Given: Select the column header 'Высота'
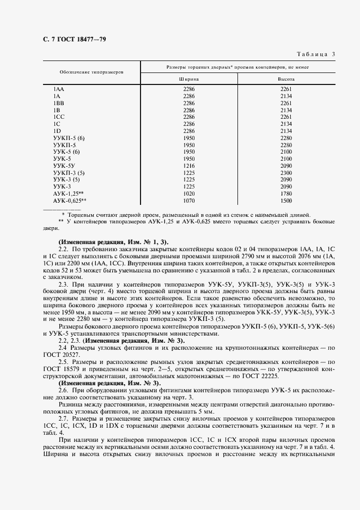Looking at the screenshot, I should coord(286,78).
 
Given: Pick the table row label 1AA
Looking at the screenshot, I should coord(58,88).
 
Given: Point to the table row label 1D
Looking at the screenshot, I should coord(57,131).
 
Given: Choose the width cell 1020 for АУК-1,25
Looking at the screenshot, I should coord(189,193).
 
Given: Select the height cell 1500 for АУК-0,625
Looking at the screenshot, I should coord(286,200).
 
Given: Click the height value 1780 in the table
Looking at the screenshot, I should coord(286,193).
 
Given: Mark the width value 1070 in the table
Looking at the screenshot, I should coord(189,200).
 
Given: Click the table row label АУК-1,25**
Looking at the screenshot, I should coord(68,193).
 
